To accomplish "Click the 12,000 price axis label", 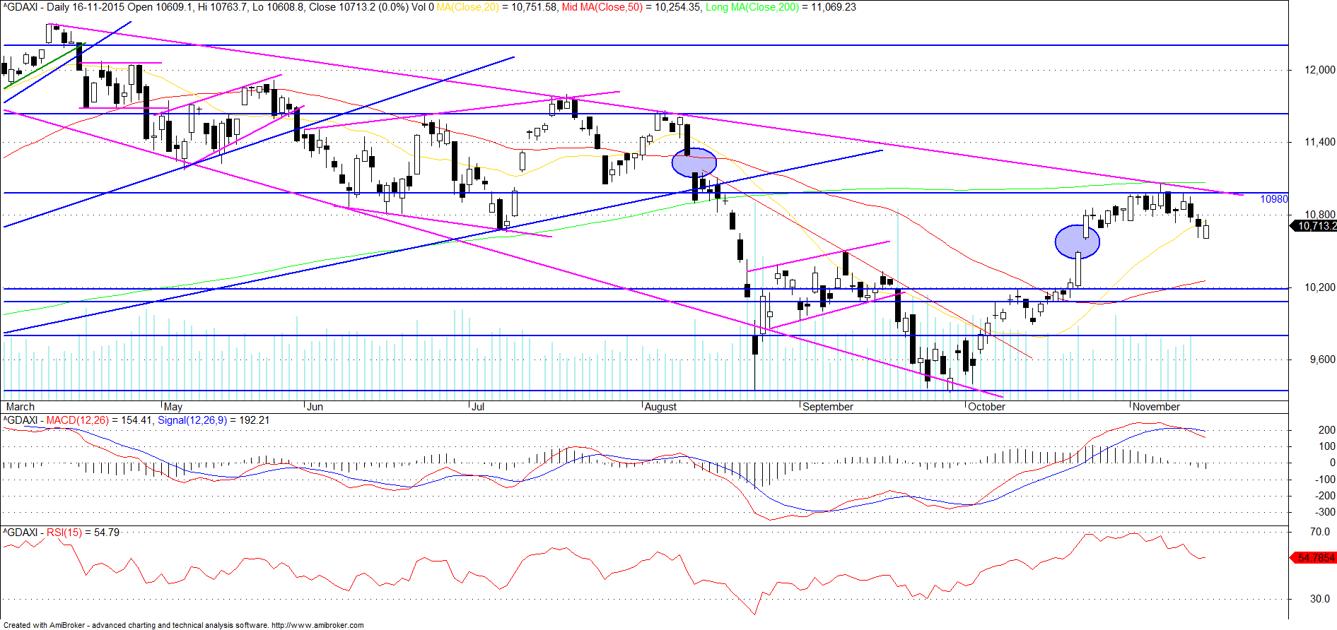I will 1320,70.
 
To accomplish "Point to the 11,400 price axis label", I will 1320,142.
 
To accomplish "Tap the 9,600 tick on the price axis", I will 1322,359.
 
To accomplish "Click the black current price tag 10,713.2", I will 1314,226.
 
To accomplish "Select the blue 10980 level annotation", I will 1274,199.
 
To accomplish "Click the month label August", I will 661,407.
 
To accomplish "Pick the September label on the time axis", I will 828,407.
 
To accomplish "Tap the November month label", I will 1156,407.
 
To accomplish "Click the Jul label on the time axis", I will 478,407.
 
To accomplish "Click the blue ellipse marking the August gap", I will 694,162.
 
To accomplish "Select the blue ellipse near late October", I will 1077,241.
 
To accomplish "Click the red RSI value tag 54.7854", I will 1315,558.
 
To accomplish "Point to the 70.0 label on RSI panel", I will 1320,532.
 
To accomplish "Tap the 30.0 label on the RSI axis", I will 1320,599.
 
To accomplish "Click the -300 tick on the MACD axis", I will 1325,512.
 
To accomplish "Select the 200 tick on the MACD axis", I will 1326,430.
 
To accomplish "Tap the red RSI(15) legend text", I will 64,533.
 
